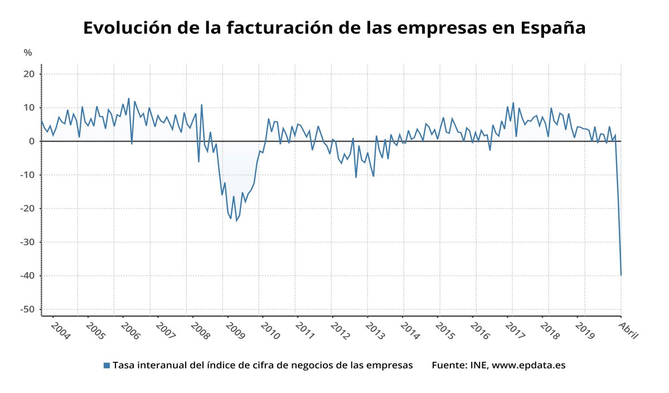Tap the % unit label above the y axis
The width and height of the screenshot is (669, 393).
pos(28,53)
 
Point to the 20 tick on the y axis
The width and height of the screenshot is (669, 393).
pos(29,74)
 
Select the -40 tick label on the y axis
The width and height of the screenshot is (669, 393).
pos(27,276)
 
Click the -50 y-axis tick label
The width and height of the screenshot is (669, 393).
pos(27,309)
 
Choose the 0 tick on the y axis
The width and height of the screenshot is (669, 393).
pos(32,142)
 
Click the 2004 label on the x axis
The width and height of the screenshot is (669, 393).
pos(60,329)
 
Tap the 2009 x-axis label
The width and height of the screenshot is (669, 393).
pos(236,329)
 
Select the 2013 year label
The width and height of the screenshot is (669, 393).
pos(375,329)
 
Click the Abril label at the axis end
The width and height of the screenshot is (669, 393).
pos(628,329)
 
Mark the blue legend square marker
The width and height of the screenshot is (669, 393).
pos(106,366)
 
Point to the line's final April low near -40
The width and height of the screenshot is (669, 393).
pos(620,275)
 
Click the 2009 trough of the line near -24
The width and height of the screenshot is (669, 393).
pos(236,221)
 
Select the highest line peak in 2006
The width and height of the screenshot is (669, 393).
pos(129,99)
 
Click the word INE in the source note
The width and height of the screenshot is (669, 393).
pos(478,366)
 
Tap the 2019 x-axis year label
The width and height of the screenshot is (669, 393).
pos(585,329)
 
